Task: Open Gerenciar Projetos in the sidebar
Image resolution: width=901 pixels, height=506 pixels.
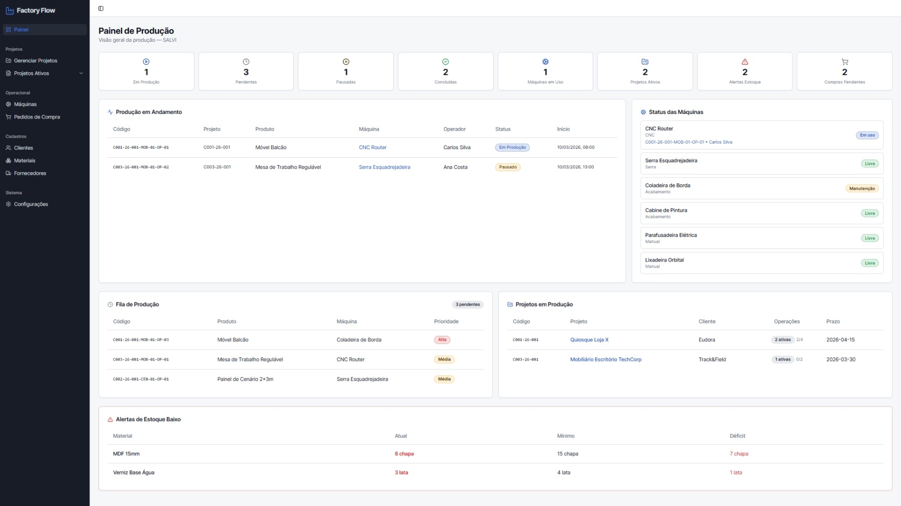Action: [x=35, y=61]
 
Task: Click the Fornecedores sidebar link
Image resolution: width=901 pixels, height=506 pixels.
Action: [x=30, y=173]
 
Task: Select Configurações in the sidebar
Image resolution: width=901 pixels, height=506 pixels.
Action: [x=31, y=204]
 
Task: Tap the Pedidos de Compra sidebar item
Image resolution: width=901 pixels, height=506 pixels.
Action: [x=37, y=117]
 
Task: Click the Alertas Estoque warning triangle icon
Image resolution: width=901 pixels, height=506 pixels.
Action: [x=745, y=62]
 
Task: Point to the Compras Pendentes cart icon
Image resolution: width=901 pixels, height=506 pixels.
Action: [x=845, y=62]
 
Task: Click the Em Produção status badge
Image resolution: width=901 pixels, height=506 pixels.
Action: [x=512, y=148]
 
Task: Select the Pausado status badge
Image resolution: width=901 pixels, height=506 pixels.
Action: [x=508, y=167]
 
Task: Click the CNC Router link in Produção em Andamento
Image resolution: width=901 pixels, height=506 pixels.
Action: [x=373, y=148]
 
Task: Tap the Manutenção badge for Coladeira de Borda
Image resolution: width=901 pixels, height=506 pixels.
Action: [x=862, y=189]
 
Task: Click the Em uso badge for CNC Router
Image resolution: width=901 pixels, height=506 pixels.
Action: [x=867, y=135]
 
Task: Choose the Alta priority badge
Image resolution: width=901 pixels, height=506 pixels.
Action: [x=442, y=340]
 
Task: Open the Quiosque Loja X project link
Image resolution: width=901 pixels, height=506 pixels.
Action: [x=589, y=340]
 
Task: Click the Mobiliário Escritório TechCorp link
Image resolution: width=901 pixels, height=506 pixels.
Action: [x=606, y=359]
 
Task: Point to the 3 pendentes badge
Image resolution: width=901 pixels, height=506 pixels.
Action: [x=468, y=305]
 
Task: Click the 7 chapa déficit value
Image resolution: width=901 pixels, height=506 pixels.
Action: [x=739, y=454]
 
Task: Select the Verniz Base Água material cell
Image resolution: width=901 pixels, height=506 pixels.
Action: [x=134, y=472]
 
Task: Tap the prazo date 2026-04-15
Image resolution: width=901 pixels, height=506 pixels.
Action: [x=840, y=340]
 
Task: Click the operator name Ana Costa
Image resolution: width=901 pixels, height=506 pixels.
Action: [x=456, y=167]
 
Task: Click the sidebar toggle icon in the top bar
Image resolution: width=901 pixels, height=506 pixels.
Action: [x=101, y=9]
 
